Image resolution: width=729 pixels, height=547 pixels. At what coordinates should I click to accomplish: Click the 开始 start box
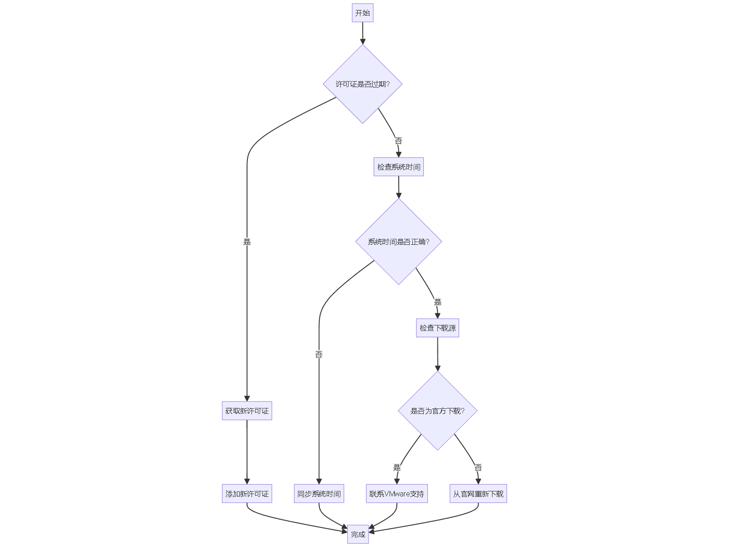point(363,13)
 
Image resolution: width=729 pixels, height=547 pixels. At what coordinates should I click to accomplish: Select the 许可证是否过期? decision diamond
point(363,84)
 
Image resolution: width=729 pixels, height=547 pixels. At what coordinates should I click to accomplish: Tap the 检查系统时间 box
point(399,167)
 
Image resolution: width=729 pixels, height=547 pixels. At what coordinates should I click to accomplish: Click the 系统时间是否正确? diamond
point(399,242)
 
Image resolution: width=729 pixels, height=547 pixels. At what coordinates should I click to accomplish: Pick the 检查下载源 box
point(437,328)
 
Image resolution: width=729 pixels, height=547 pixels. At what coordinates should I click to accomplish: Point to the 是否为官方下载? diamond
point(437,411)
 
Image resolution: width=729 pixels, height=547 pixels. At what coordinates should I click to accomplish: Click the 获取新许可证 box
point(247,411)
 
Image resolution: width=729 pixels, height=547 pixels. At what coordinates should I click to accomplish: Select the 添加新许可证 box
point(247,494)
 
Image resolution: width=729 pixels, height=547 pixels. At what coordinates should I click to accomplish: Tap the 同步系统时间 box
point(319,494)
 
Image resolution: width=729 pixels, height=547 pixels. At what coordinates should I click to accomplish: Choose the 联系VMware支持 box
point(397,494)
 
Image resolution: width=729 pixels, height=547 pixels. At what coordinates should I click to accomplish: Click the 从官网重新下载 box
point(478,494)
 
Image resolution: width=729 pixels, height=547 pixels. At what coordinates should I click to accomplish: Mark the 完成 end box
point(358,534)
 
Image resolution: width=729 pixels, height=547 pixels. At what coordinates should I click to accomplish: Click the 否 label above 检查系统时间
point(398,141)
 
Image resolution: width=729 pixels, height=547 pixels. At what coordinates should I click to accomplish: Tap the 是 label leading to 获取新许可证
point(247,242)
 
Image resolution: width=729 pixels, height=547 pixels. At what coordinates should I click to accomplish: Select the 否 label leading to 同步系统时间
point(319,354)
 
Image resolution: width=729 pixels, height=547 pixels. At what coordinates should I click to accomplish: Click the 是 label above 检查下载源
point(437,302)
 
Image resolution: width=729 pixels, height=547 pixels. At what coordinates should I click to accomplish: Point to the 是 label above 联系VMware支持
point(397,467)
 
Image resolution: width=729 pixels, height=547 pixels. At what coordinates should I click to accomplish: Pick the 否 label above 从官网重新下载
point(478,467)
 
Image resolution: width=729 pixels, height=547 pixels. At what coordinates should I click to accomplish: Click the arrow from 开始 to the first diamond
point(363,33)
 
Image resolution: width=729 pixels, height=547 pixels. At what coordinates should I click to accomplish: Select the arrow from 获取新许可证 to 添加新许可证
point(247,451)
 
